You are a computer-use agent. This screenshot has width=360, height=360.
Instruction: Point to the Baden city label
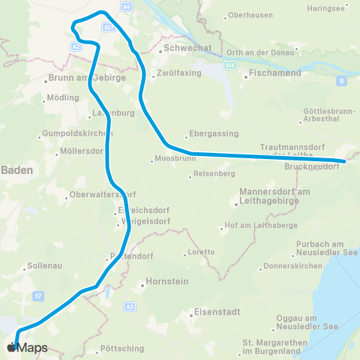16,170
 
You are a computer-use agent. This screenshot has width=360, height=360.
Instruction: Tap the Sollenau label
43,265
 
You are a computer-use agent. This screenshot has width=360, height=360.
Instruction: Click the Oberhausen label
249,15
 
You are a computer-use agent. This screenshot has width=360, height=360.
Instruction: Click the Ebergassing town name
215,133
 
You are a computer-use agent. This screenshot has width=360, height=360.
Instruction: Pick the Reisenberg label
214,174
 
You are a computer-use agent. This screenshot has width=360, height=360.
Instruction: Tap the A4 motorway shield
126,6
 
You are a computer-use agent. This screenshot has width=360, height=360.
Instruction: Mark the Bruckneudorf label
312,166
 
